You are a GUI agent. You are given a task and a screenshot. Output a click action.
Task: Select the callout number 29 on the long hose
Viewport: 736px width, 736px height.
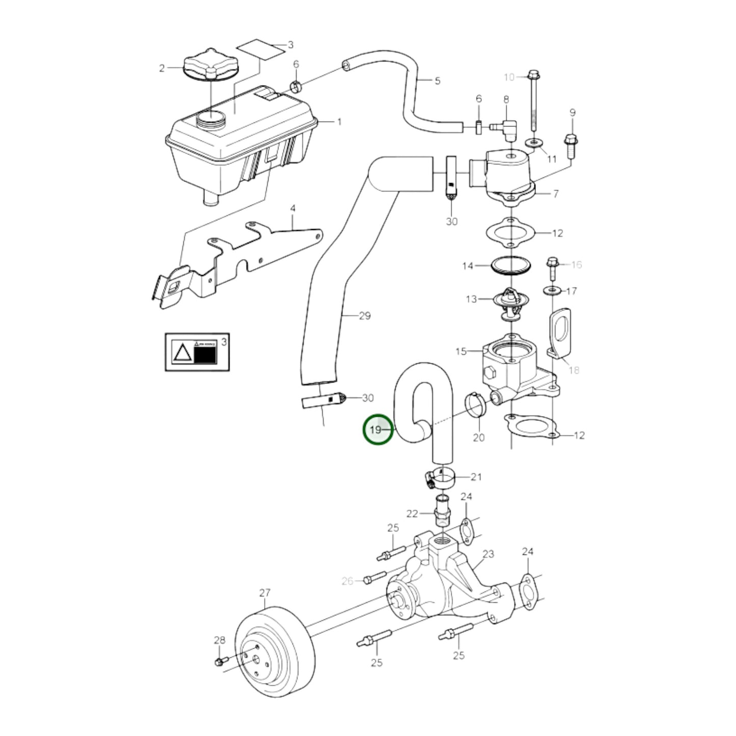[365, 316]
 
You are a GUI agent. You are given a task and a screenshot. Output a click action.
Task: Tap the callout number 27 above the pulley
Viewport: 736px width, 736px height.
[265, 593]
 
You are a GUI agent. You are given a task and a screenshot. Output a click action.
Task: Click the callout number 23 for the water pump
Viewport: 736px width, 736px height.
[488, 554]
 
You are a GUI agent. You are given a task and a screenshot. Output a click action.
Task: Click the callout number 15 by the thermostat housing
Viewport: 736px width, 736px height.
[461, 351]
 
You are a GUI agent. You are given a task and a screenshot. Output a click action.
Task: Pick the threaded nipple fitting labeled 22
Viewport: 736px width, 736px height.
[442, 512]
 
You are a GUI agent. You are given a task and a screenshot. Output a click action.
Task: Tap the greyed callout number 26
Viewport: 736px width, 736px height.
[347, 581]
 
